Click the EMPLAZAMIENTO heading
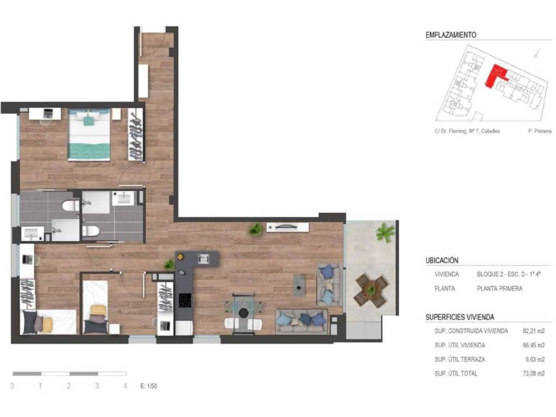coord(451,35)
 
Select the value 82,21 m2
coord(534,331)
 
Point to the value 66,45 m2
coord(534,345)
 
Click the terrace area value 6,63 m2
coord(535,359)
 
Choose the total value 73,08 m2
coord(534,374)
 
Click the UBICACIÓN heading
coord(442,260)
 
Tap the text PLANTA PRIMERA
coord(500,289)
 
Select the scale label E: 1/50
coord(149,386)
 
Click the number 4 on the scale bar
coord(125,386)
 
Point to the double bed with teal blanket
coord(89,135)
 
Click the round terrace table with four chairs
coord(371,291)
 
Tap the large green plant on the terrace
coord(385,232)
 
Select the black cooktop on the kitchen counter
coord(185,300)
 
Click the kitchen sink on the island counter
coord(204,258)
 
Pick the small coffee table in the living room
coord(299,285)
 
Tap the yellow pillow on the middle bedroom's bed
coord(98,310)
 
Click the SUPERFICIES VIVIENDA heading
coord(460,317)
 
